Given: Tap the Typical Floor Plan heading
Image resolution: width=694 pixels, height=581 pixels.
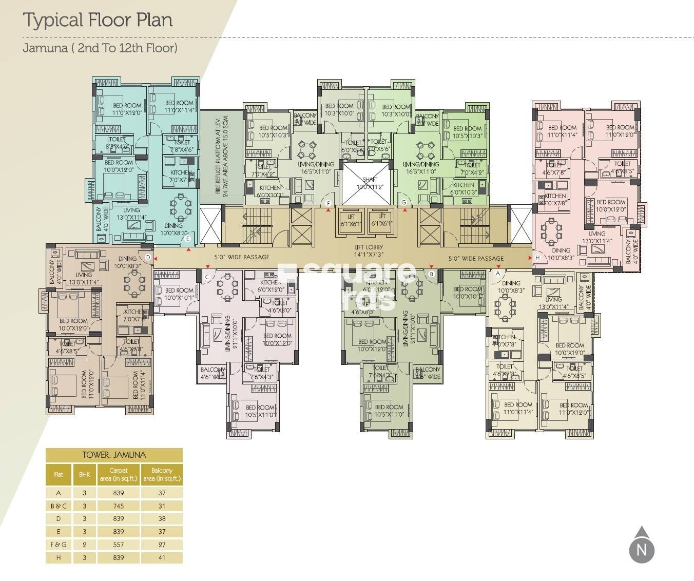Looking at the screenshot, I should [x=98, y=20].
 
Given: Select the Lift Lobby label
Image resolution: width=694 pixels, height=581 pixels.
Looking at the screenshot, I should [x=369, y=250].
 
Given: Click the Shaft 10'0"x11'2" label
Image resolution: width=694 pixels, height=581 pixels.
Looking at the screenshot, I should [x=370, y=183].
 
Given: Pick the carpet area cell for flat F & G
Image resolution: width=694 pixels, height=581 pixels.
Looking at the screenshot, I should [x=119, y=545].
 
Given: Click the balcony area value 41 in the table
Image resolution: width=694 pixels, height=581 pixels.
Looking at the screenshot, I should [x=162, y=557].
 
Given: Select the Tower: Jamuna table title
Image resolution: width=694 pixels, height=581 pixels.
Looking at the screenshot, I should [x=114, y=455].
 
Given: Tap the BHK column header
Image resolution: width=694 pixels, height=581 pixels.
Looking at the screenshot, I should [x=84, y=475].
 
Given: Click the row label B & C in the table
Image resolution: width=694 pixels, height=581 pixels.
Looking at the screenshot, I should [x=59, y=506].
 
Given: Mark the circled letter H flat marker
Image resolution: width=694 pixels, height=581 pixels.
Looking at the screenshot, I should [x=537, y=257].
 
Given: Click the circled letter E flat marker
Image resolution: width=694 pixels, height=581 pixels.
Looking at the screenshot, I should [x=188, y=239].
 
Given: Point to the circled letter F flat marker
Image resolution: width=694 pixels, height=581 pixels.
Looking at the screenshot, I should [x=328, y=203].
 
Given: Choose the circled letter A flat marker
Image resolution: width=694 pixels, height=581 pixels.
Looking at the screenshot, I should [x=497, y=274].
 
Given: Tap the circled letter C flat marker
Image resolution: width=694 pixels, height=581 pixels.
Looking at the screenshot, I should [x=207, y=277].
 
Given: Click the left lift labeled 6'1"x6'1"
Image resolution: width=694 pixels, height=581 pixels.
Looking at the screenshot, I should [x=352, y=220].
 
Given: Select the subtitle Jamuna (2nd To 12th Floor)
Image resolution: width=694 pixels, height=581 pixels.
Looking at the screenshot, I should [x=100, y=48].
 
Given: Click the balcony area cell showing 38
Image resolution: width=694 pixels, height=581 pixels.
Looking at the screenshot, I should [x=162, y=519].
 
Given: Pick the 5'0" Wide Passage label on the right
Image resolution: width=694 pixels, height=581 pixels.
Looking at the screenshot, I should [x=475, y=258].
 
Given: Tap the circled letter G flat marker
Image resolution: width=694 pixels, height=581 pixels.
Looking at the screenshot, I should [x=404, y=202].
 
